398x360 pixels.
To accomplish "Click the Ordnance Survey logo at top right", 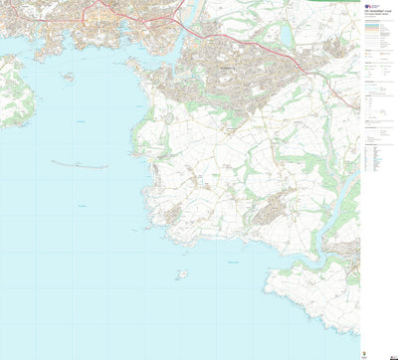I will [x=372, y=5].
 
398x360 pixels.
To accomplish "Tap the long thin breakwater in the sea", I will [x=80, y=164].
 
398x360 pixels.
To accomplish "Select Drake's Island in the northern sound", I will [x=68, y=76].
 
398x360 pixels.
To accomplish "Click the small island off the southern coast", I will [x=181, y=273].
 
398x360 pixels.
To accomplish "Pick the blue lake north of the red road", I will [x=288, y=38].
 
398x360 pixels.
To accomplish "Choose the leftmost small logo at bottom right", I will [x=368, y=352].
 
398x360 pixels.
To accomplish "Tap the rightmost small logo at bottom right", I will [x=391, y=352].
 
